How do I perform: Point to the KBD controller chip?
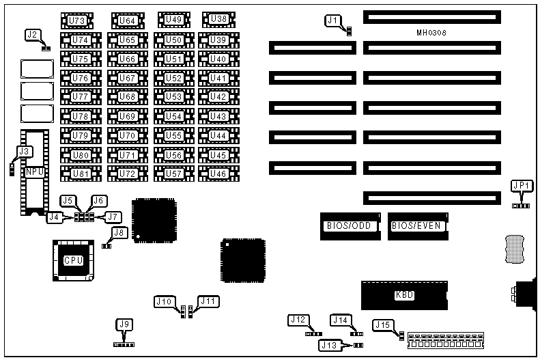pyautogui.click(x=404, y=295)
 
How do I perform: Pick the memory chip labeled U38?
pyautogui.click(x=218, y=19)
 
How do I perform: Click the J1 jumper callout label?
pyautogui.click(x=333, y=20)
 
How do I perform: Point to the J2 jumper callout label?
pyautogui.click(x=32, y=34)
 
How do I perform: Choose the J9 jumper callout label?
pyautogui.click(x=123, y=324)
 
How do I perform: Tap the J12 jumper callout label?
pyautogui.click(x=298, y=319)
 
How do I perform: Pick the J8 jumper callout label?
pyautogui.click(x=120, y=232)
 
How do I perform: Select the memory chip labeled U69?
pyautogui.click(x=127, y=116)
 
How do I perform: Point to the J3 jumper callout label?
pyautogui.click(x=25, y=150)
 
